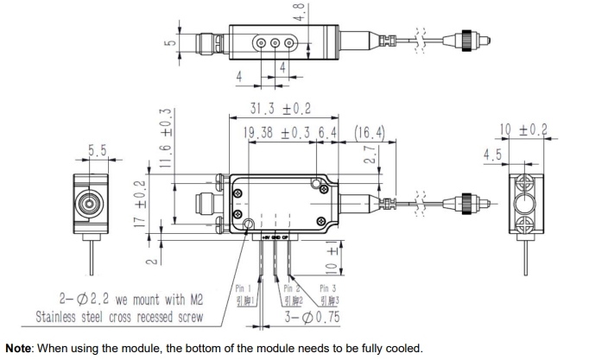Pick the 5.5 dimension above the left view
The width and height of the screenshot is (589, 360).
pos(95,151)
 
